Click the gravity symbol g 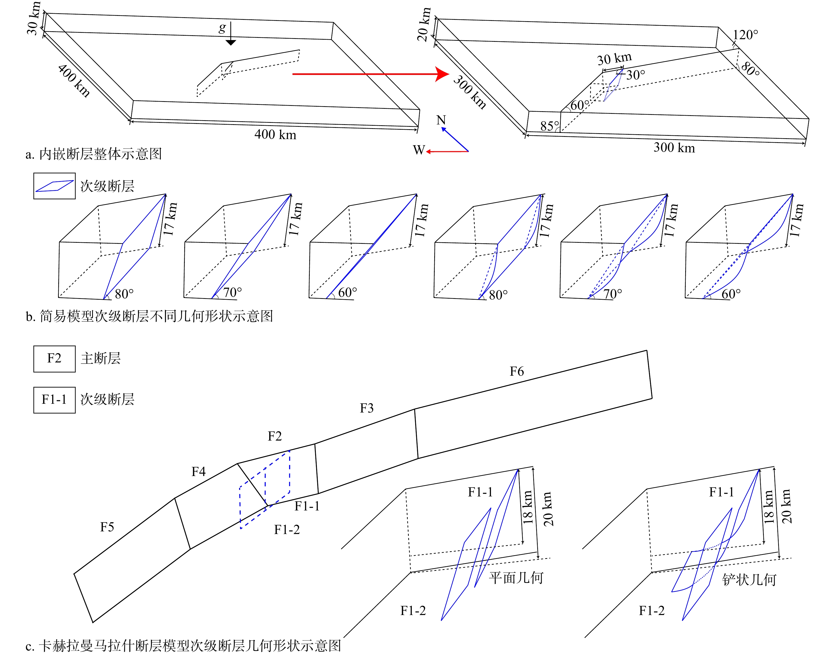click(222, 28)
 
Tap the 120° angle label click(745, 35)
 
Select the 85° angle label click(549, 126)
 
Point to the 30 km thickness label click(33, 19)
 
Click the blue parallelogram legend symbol click(55, 186)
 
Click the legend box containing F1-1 click(55, 400)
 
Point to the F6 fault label click(517, 371)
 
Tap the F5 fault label click(107, 527)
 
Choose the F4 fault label click(199, 471)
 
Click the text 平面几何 click(516, 577)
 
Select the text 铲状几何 click(749, 580)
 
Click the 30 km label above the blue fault click(614, 59)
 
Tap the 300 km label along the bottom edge click(674, 148)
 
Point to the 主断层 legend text click(100, 358)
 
